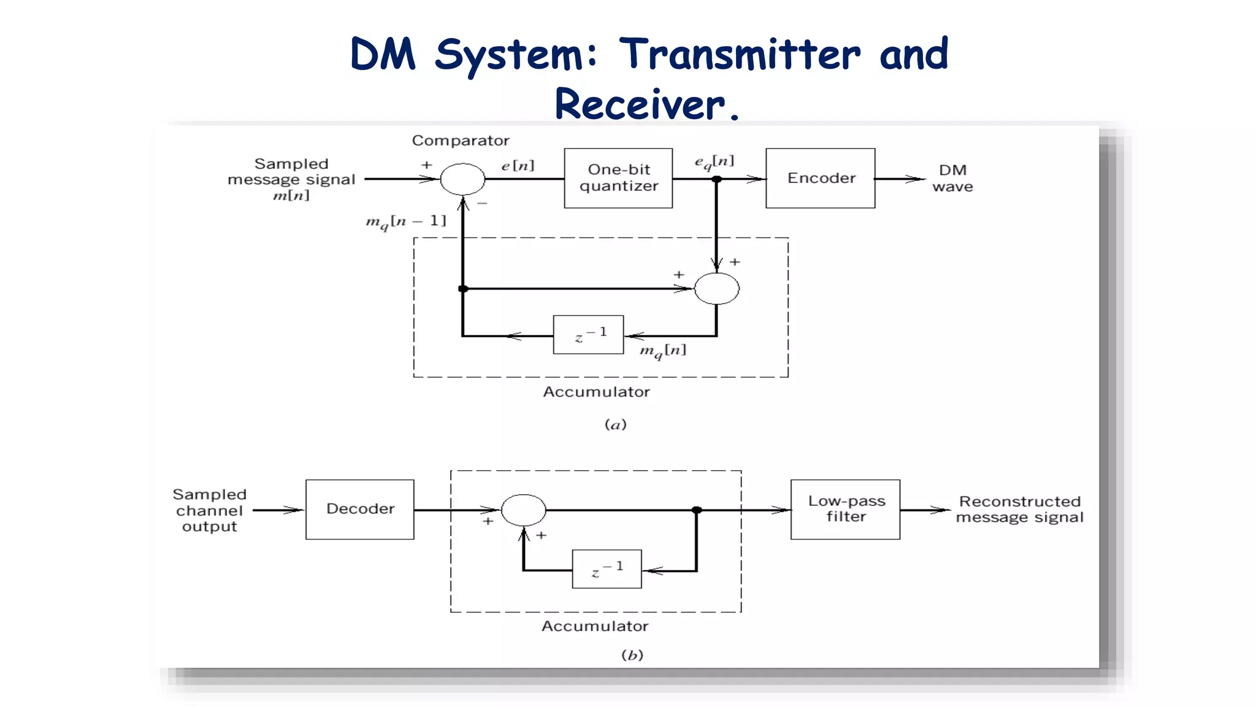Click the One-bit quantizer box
click(618, 178)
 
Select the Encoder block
click(820, 178)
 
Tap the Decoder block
click(360, 509)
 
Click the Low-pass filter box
click(845, 509)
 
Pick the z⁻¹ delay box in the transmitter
click(588, 334)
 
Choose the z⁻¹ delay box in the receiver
click(607, 569)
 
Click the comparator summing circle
click(462, 179)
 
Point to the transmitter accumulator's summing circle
click(716, 288)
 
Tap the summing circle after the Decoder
click(523, 510)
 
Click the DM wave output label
click(952, 178)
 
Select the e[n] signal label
click(518, 165)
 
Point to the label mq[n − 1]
click(405, 222)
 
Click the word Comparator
click(461, 141)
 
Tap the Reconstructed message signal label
click(1019, 509)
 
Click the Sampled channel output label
click(209, 510)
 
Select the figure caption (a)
click(615, 424)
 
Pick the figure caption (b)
click(632, 655)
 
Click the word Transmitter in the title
click(739, 54)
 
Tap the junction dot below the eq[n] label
click(716, 179)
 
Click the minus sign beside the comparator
click(483, 203)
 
